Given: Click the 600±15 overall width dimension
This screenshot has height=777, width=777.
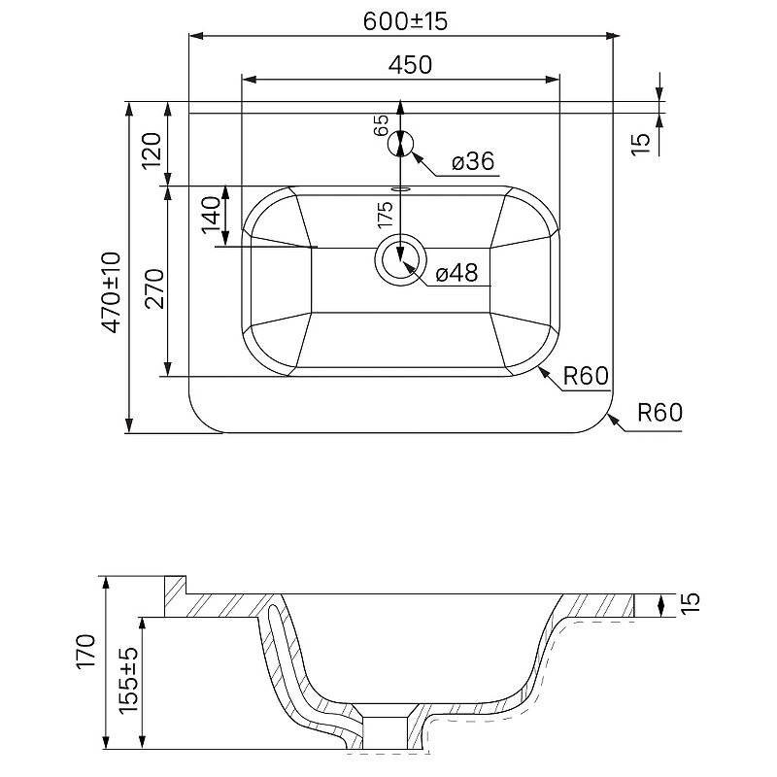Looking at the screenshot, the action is [x=405, y=20].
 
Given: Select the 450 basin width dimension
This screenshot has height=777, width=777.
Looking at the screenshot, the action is [x=410, y=65].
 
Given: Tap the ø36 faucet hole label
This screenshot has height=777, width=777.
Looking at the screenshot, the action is [x=473, y=161].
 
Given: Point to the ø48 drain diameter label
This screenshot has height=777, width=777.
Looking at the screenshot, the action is [x=456, y=273].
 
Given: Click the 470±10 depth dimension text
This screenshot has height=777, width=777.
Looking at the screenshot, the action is [x=111, y=292].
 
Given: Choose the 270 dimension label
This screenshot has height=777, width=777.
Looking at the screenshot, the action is [x=154, y=288].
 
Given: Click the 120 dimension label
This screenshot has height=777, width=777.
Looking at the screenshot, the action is [x=152, y=152].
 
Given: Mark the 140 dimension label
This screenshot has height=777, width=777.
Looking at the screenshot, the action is [x=211, y=215].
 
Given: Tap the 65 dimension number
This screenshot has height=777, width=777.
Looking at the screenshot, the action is [x=381, y=125].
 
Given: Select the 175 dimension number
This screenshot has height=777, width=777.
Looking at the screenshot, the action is [x=385, y=215].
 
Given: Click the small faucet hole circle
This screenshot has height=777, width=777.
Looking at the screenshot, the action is [x=400, y=144].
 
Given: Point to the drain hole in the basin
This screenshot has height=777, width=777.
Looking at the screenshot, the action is [x=400, y=259].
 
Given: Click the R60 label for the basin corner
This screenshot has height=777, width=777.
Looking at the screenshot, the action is [x=586, y=376].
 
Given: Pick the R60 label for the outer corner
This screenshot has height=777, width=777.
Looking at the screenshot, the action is [x=660, y=412].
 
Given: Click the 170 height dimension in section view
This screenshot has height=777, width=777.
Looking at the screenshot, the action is [x=86, y=651].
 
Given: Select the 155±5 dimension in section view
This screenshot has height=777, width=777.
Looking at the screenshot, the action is [x=129, y=679].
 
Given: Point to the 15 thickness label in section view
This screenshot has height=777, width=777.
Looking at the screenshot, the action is [x=692, y=602].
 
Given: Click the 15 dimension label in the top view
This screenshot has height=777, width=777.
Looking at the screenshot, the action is [x=641, y=144].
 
